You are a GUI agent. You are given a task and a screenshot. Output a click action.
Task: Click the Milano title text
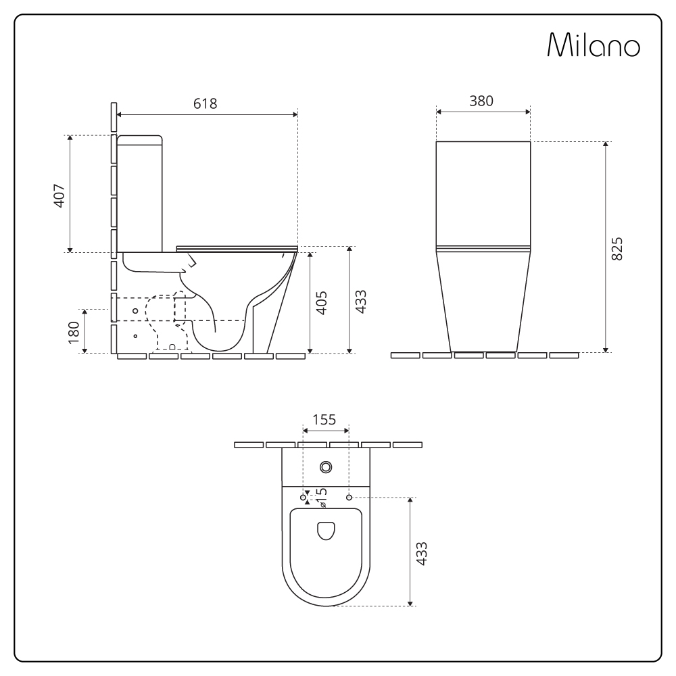[594, 45]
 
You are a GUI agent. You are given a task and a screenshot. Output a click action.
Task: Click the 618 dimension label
[206, 103]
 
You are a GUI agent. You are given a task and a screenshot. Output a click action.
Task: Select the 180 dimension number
[74, 333]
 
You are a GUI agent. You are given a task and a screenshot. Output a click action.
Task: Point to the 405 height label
[322, 303]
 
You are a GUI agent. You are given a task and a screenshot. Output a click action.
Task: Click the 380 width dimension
[481, 101]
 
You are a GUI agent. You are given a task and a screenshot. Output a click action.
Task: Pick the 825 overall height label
[617, 249]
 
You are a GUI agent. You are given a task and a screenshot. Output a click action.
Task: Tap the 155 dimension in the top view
[324, 420]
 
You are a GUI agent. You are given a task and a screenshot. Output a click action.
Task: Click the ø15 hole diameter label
[322, 497]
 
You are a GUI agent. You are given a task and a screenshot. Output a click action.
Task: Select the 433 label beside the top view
[421, 554]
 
